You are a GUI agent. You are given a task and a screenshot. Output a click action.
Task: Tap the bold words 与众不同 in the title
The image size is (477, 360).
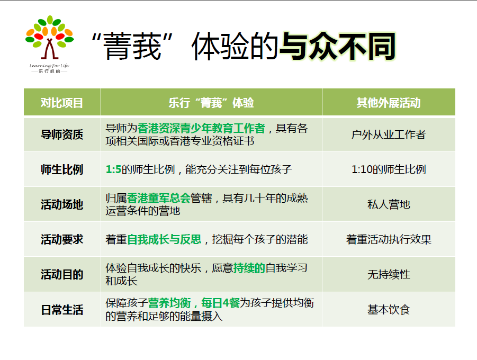pyautogui.click(x=337, y=47)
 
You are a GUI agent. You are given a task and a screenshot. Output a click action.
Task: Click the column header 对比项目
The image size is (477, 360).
pyautogui.click(x=62, y=103)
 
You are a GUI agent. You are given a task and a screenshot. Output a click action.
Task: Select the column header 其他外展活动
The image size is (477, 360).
pyautogui.click(x=389, y=103)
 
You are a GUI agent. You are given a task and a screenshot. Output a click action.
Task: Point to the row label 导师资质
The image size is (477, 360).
pyautogui.click(x=62, y=134)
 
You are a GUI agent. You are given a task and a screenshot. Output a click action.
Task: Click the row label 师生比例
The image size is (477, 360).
pyautogui.click(x=62, y=169)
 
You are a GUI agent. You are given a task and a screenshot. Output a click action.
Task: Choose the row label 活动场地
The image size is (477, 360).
pyautogui.click(x=62, y=204)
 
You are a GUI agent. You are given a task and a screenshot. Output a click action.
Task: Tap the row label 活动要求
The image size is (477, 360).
pyautogui.click(x=62, y=239)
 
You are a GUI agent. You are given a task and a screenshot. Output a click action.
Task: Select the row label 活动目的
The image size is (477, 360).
pyautogui.click(x=62, y=274)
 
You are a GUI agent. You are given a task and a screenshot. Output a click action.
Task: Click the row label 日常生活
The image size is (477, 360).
pyautogui.click(x=62, y=310)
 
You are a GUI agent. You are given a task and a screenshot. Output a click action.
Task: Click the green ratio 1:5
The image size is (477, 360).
pyautogui.click(x=113, y=169)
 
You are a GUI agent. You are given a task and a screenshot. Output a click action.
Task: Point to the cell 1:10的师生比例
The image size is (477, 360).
pyautogui.click(x=389, y=169)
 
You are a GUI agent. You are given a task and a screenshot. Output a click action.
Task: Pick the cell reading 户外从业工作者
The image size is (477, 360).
pyautogui.click(x=389, y=134)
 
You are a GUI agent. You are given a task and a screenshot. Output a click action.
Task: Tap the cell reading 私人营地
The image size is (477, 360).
pyautogui.click(x=389, y=204)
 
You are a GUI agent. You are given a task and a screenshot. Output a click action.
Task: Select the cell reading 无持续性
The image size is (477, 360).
pyautogui.click(x=389, y=274)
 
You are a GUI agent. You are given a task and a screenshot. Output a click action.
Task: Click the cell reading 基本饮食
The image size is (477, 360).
pyautogui.click(x=389, y=310)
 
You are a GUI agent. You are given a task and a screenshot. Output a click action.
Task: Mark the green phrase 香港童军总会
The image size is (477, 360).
pyautogui.click(x=158, y=198)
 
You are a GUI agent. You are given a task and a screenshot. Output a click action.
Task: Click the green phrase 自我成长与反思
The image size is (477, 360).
pyautogui.click(x=164, y=239)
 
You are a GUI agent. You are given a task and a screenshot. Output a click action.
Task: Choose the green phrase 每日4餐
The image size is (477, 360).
pyautogui.click(x=220, y=303)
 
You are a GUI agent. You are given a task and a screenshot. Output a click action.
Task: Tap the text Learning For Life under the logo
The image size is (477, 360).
pyautogui.click(x=49, y=66)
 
